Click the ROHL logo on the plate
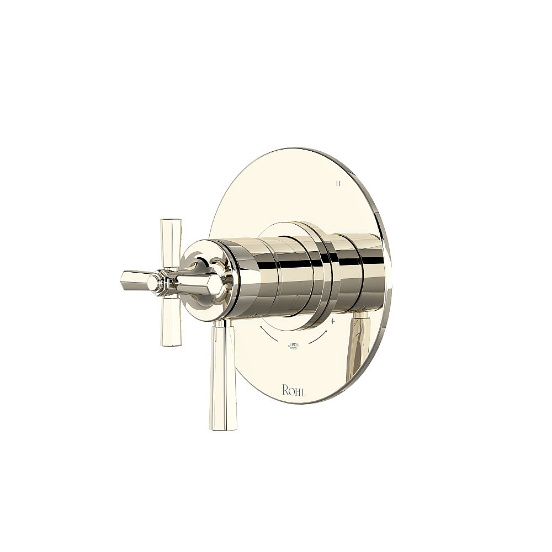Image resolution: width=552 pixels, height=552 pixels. pos(294,391)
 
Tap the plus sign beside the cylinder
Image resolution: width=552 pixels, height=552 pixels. pos(333,320)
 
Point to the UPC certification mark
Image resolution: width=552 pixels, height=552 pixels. pos(293,346)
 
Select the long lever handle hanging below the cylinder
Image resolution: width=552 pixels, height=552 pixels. pos(222,375)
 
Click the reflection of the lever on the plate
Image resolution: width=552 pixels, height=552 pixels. pos(357,345)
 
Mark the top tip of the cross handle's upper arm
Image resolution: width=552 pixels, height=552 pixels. pos(171,222)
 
